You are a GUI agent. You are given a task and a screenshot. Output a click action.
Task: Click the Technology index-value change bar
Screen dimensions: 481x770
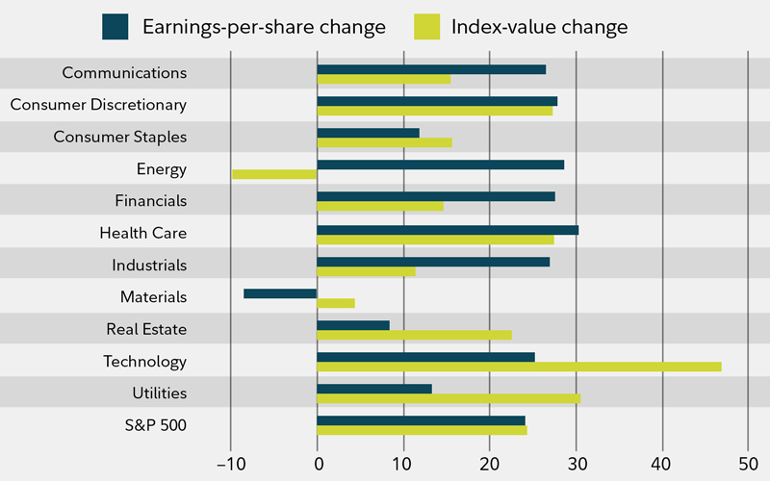519,367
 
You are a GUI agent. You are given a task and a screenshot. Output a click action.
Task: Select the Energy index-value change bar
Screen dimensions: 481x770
274,174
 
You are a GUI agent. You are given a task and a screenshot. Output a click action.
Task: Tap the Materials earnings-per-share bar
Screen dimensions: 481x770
280,293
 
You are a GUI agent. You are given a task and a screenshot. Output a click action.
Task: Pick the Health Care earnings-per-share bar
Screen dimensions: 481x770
448,230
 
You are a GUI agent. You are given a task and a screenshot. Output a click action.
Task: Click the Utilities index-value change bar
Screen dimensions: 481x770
449,398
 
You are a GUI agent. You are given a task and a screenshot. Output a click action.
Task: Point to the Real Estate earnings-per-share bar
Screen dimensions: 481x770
353,325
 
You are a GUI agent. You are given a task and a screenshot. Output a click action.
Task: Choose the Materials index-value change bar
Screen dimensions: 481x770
336,303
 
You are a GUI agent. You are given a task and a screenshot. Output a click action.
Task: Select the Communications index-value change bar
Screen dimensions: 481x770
383,79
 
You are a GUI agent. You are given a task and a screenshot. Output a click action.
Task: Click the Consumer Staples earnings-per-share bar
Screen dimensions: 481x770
368,133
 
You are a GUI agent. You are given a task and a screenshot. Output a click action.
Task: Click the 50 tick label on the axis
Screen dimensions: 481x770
748,463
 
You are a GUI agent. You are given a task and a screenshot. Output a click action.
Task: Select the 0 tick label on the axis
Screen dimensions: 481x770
317,463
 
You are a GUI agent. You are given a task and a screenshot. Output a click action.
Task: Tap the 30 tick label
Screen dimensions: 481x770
576,463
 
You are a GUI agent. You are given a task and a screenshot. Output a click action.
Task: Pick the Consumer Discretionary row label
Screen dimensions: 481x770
98,105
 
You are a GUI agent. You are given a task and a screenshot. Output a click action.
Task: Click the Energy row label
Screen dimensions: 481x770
162,169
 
